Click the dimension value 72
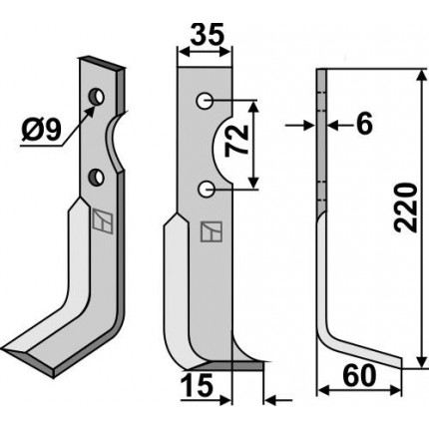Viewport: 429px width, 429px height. [x=237, y=142]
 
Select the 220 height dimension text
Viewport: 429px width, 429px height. [x=405, y=207]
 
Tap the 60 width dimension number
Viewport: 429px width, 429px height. [x=359, y=376]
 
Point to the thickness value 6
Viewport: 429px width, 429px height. [x=364, y=125]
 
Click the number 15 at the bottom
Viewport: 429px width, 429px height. [x=197, y=386]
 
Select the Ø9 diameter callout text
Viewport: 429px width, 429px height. [x=42, y=130]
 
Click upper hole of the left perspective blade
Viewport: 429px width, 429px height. [x=97, y=97]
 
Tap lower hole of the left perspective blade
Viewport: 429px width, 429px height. [x=96, y=178]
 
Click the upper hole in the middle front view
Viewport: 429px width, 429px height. [x=205, y=101]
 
